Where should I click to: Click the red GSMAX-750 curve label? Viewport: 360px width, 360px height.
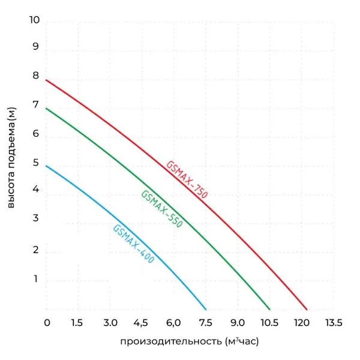(187, 180)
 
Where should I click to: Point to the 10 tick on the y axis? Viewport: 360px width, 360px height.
(34, 20)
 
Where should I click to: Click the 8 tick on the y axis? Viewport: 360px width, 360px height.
(35, 76)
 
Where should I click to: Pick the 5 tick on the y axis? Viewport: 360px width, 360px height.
(35, 163)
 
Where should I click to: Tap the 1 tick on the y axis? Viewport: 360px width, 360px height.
(35, 278)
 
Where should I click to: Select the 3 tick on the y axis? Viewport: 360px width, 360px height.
(35, 218)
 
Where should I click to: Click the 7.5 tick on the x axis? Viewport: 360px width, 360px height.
(206, 323)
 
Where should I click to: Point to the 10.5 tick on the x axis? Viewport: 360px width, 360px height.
(270, 323)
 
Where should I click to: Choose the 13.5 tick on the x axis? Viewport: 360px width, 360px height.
(334, 323)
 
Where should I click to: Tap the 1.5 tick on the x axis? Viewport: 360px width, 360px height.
(77, 323)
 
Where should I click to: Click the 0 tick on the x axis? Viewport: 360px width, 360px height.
(47, 323)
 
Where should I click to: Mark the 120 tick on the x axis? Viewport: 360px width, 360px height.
(302, 323)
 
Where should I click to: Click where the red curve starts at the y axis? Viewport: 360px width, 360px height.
(46, 80)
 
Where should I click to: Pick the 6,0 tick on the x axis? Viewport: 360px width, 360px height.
(173, 323)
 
